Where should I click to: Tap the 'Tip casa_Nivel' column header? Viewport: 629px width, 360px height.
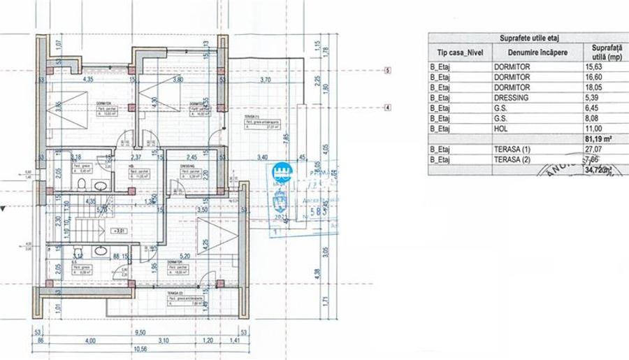pyautogui.click(x=458, y=52)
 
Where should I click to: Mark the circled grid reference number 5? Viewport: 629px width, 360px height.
pyautogui.click(x=386, y=71)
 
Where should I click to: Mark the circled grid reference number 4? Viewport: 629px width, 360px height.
pyautogui.click(x=386, y=108)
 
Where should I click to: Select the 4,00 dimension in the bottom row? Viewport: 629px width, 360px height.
pyautogui.click(x=91, y=341)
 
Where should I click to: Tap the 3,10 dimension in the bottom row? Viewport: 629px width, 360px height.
pyautogui.click(x=162, y=341)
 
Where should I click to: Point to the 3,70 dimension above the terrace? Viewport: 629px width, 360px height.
pyautogui.click(x=266, y=80)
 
